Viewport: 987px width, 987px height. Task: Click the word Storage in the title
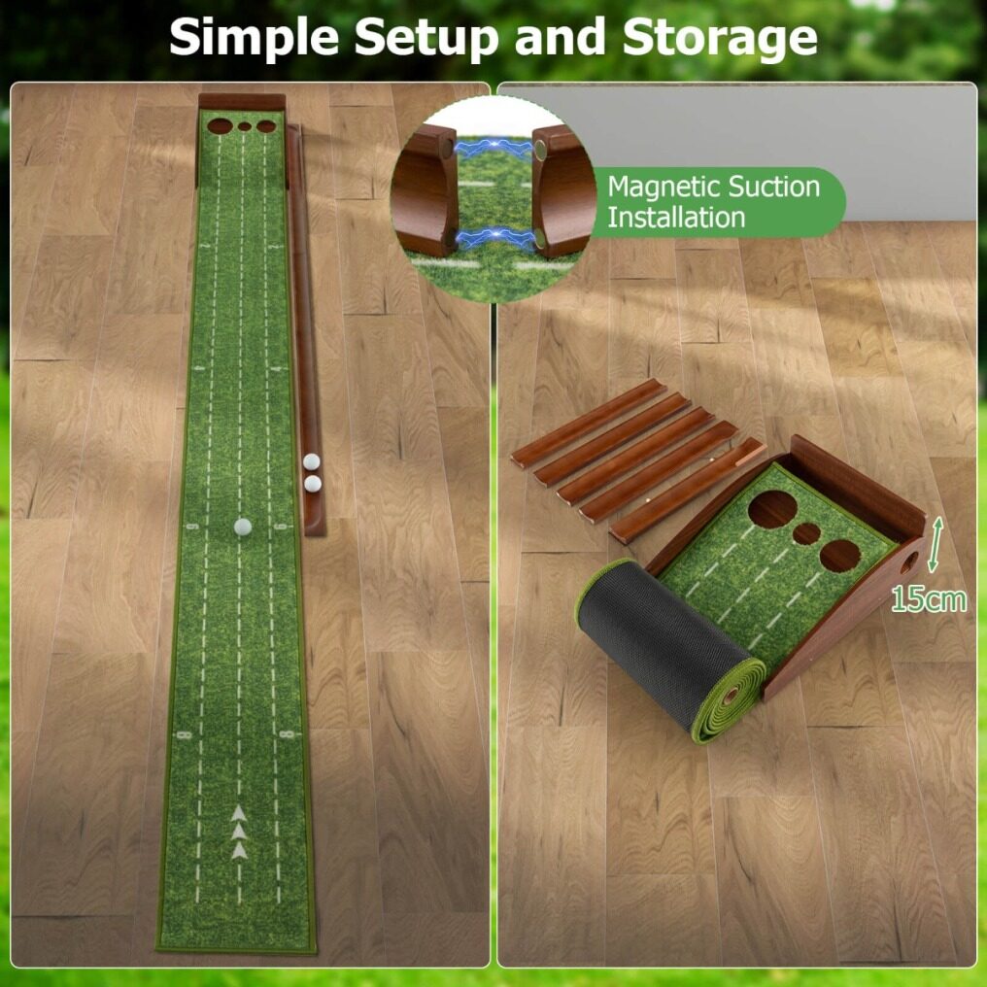coord(720,38)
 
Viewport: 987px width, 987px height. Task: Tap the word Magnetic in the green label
coord(661,187)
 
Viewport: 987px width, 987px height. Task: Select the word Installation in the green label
coord(676,218)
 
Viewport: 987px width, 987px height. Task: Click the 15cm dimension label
coord(929,599)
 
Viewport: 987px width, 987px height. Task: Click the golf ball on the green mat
coord(242,527)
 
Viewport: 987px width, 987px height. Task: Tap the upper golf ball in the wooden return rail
coord(311,462)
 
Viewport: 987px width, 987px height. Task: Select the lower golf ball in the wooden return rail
coord(312,484)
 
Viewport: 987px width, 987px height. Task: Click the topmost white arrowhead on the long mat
coord(239,813)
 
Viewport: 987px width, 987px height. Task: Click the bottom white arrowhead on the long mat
coord(239,851)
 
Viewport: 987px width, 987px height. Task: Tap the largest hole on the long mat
coord(220,126)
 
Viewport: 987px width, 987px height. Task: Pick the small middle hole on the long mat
coord(244,127)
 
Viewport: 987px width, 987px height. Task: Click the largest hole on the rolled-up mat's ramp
coord(772,509)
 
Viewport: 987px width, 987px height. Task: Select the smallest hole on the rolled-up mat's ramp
coord(806,533)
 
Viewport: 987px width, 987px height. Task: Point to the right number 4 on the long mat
coord(280,369)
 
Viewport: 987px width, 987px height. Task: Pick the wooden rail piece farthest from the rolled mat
coord(588,423)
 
